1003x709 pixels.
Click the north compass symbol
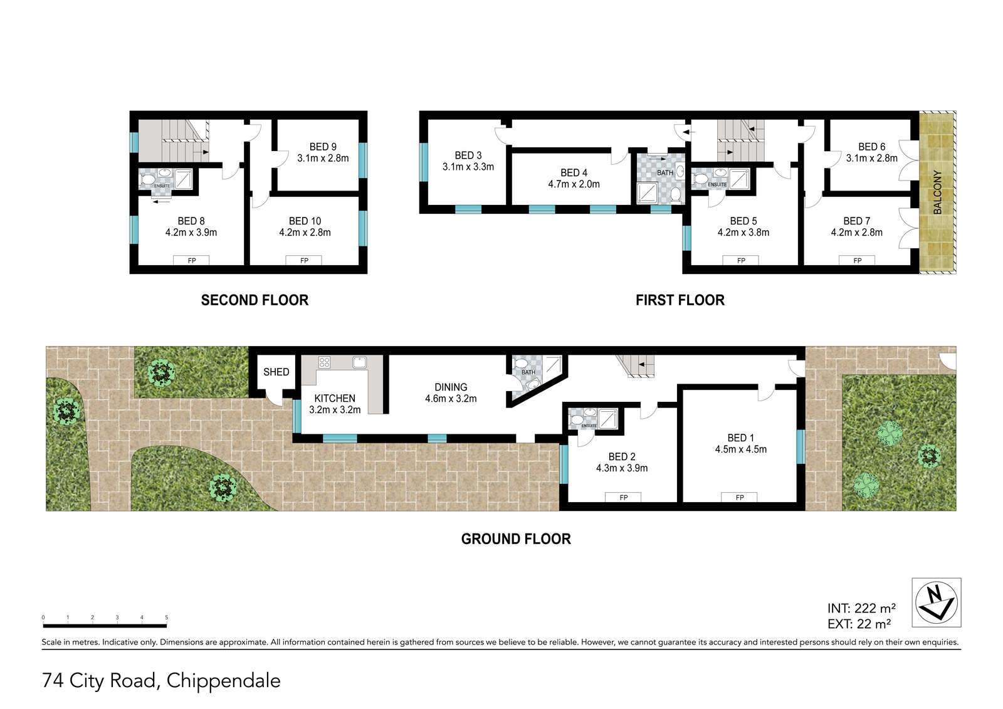937,602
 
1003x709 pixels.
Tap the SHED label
276,372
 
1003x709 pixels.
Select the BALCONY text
937,192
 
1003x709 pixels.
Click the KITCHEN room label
335,398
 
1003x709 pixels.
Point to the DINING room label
451,387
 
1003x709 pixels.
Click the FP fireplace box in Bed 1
739,497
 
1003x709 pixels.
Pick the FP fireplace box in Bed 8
192,260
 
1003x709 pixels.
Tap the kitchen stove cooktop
324,362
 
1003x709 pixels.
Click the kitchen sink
359,362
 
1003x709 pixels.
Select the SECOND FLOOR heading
255,300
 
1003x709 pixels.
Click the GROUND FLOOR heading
516,539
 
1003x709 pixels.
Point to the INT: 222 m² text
861,608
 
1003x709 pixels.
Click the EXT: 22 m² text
859,624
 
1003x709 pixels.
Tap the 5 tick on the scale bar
167,617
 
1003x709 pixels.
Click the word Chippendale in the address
223,680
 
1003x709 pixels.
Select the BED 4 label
574,172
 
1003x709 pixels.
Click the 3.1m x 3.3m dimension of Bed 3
468,167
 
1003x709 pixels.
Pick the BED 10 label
305,221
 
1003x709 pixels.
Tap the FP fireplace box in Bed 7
857,260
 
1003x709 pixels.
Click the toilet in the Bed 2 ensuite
576,419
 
